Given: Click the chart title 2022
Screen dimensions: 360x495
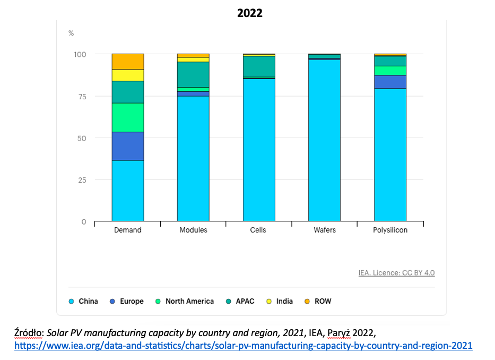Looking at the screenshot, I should (249, 13).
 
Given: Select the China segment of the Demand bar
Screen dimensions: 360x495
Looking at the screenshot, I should (127, 190).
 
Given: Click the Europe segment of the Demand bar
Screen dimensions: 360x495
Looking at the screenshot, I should (127, 146).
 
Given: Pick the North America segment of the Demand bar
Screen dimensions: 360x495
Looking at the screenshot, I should (127, 117).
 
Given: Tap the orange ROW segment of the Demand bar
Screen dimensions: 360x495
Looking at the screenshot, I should (127, 62).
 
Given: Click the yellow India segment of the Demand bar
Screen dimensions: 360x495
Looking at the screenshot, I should (127, 75).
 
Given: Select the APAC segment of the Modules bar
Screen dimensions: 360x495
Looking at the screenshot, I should (193, 74).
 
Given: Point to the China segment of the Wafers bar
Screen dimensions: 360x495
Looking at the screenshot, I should (324, 141).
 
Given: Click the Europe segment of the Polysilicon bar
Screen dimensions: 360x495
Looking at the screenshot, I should (390, 82).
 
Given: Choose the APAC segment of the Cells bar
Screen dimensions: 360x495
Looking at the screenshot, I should (259, 66).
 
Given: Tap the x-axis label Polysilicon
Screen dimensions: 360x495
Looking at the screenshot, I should (390, 230).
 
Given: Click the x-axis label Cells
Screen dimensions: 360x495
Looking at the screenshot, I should (258, 230).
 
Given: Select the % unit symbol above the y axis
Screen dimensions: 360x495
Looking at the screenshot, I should (71, 33).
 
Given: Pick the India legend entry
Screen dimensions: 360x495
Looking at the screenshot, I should (284, 301).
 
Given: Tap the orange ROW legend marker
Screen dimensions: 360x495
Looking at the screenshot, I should (307, 301).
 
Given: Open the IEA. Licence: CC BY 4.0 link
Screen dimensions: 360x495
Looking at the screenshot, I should (396, 273).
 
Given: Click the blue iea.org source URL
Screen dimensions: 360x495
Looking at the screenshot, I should (243, 346).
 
